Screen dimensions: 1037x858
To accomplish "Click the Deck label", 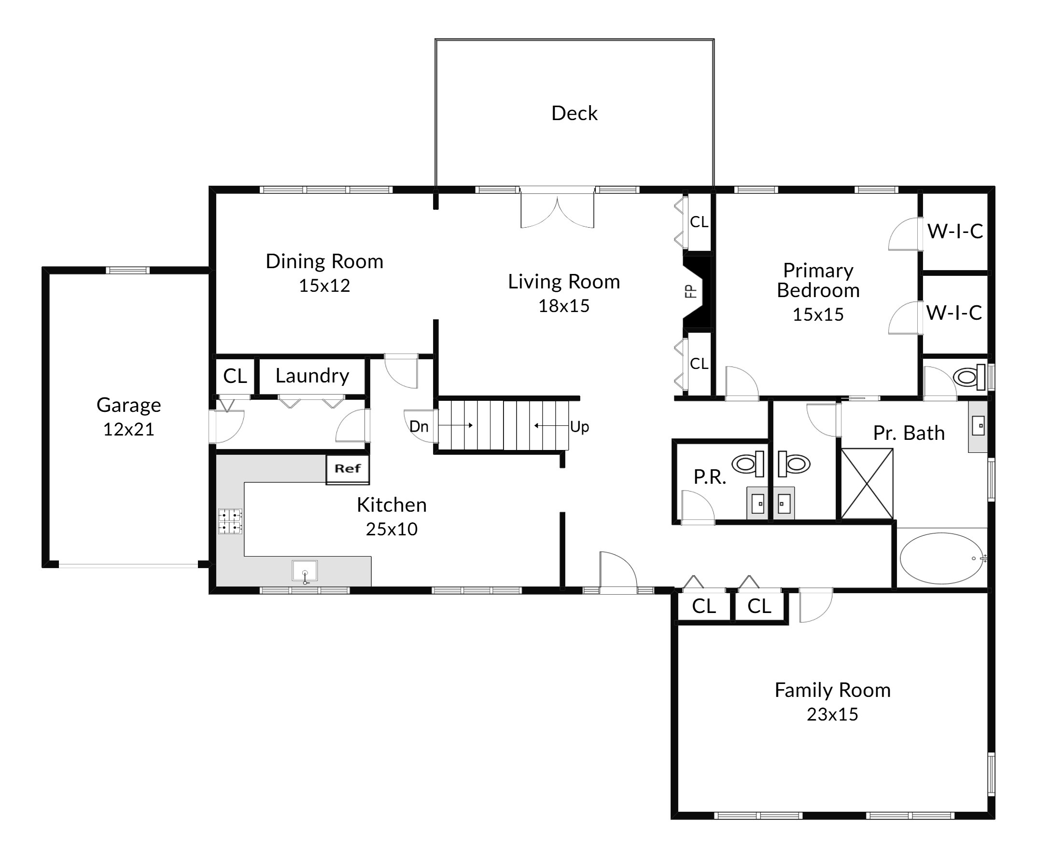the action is [x=575, y=113].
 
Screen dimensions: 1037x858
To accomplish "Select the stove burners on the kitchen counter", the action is [x=230, y=521].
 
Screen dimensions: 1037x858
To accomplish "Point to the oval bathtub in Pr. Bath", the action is [x=942, y=558].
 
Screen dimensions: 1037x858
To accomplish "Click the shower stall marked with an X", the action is [x=867, y=484].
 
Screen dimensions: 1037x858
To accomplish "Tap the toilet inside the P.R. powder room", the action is [x=748, y=464].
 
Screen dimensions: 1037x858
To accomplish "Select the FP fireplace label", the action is [x=691, y=292].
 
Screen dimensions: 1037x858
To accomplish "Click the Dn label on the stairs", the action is [x=419, y=426].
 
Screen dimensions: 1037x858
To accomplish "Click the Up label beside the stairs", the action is [x=579, y=427].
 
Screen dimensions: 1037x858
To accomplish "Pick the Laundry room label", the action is [x=312, y=376].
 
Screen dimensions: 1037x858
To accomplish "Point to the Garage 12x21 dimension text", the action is [x=128, y=430].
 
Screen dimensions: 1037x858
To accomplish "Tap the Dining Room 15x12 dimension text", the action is [x=324, y=286].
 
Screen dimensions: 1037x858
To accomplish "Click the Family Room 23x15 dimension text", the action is [x=833, y=714].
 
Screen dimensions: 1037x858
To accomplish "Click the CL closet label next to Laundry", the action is [x=235, y=376].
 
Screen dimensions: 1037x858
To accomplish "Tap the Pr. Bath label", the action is [x=909, y=433].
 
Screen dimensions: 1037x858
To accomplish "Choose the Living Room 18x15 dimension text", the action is [x=564, y=306].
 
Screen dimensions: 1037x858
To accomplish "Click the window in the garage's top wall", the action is [x=127, y=271].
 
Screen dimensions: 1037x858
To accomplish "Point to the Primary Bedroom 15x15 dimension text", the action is [x=818, y=315].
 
